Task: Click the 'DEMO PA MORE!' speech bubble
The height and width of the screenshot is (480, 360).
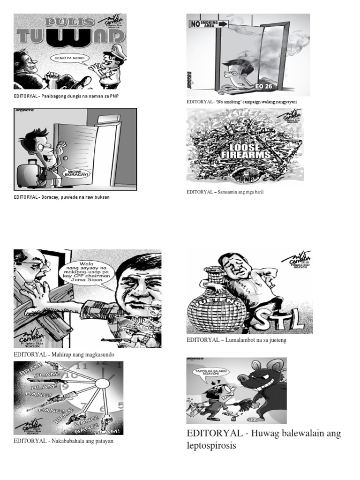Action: (71, 60)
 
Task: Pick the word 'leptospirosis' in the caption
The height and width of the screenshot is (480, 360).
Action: (211, 446)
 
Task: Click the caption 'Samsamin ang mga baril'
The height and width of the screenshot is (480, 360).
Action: (225, 192)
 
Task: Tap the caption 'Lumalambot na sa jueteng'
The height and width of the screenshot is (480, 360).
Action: (236, 340)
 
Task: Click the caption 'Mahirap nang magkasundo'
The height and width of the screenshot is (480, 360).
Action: (64, 355)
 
